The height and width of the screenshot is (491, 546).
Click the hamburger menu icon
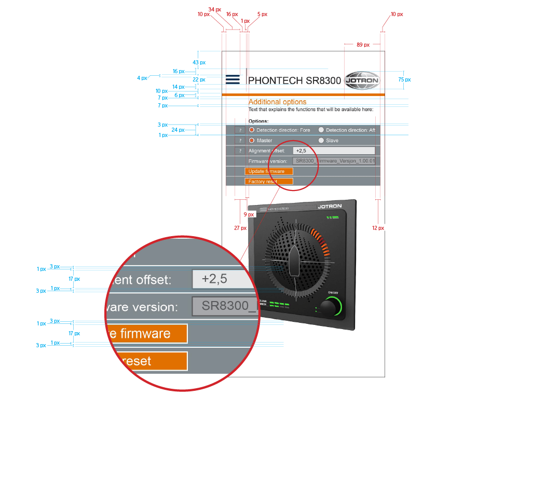(x=233, y=79)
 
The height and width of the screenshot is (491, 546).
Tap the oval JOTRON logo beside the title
(x=363, y=80)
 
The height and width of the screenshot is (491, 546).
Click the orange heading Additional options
(x=277, y=102)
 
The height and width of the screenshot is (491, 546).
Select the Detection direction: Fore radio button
(x=252, y=130)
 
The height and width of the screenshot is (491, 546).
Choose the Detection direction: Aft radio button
(x=321, y=130)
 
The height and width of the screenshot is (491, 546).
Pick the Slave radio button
(x=321, y=140)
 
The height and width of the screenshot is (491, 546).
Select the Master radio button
(x=252, y=140)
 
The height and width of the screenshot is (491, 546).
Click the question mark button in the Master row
(x=240, y=140)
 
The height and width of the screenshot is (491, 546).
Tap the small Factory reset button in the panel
(x=268, y=181)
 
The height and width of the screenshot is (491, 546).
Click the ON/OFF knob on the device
(x=327, y=308)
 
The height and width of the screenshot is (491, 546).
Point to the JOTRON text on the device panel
(x=330, y=206)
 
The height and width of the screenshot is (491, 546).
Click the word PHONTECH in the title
(x=270, y=80)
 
